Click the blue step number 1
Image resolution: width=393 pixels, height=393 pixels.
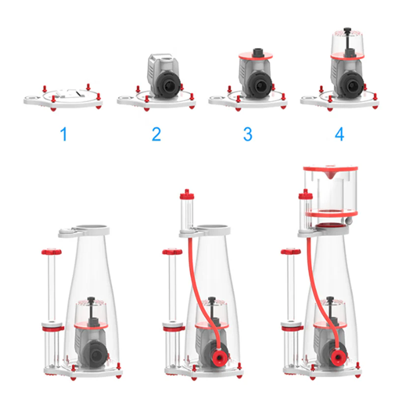pyautogui.click(x=64, y=134)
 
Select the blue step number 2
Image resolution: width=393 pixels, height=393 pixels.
pyautogui.click(x=156, y=134)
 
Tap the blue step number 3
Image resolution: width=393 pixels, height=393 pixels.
pyautogui.click(x=248, y=134)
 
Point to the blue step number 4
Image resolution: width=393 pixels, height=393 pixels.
pyautogui.click(x=339, y=134)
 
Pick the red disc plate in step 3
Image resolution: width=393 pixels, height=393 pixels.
pyautogui.click(x=255, y=56)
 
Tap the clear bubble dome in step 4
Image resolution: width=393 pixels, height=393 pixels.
pyautogui.click(x=347, y=43)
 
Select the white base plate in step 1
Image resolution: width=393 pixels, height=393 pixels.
pyautogui.click(x=63, y=100)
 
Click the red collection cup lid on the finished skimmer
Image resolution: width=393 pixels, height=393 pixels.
pyautogui.click(x=330, y=169)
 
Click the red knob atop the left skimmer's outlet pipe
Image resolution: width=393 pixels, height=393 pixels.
pyautogui.click(x=52, y=252)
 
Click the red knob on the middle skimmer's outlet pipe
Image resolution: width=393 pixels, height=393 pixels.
pyautogui.click(x=172, y=252)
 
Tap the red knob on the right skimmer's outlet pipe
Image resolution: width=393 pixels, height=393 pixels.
pyautogui.click(x=291, y=252)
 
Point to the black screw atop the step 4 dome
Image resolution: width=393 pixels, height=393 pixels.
pyautogui.click(x=347, y=29)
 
